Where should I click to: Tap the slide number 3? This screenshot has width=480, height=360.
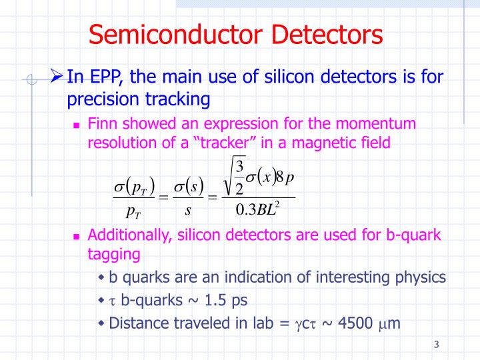click(x=436, y=345)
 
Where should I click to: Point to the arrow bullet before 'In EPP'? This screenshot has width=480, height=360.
click(x=57, y=77)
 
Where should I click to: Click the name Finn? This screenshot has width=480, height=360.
click(x=102, y=123)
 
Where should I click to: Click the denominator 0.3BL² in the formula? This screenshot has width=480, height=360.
click(x=257, y=211)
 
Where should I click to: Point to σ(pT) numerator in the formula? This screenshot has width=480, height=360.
click(x=134, y=185)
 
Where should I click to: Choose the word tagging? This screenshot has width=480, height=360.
click(x=113, y=254)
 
